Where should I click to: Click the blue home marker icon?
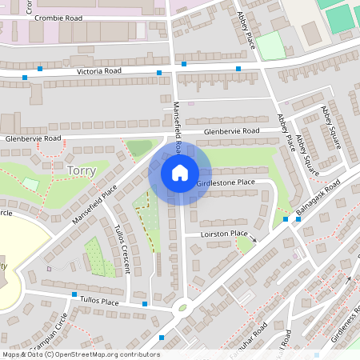coord(180,172)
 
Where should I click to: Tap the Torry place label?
coord(82,170)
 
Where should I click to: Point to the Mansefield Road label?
coord(178,125)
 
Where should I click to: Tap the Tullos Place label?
coord(99,302)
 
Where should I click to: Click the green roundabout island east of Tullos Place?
coord(183,306)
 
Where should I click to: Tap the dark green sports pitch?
coord(339,18)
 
